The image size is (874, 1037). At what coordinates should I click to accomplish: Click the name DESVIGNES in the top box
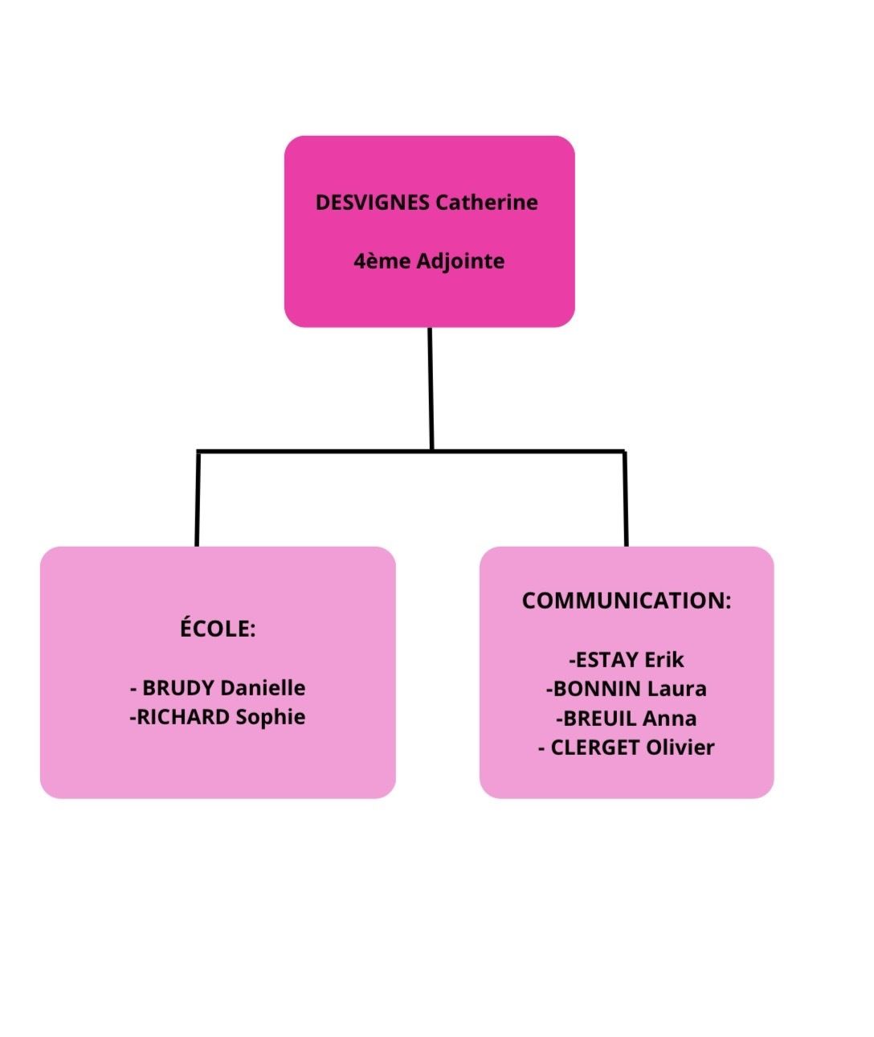pyautogui.click(x=372, y=203)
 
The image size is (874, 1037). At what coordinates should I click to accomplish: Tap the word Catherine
pyautogui.click(x=487, y=203)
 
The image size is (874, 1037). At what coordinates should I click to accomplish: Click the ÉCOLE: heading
pyautogui.click(x=218, y=629)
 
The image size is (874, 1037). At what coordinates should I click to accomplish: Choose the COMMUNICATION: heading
pyautogui.click(x=627, y=600)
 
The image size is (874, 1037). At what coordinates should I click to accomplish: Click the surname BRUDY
pyautogui.click(x=178, y=688)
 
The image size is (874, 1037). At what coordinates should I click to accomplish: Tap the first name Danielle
pyautogui.click(x=263, y=688)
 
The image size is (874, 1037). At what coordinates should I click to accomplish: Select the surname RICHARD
pyautogui.click(x=183, y=717)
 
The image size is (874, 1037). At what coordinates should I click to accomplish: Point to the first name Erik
pyautogui.click(x=664, y=660)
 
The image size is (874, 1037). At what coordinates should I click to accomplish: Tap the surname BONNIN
pyautogui.click(x=597, y=689)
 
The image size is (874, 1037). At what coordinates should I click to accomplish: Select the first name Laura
pyautogui.click(x=677, y=689)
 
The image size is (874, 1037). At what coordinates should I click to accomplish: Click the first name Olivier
pyautogui.click(x=680, y=748)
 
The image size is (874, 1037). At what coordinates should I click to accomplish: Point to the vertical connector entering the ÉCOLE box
pyautogui.click(x=198, y=498)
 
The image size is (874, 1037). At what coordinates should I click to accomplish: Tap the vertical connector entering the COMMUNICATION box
pyautogui.click(x=626, y=498)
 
